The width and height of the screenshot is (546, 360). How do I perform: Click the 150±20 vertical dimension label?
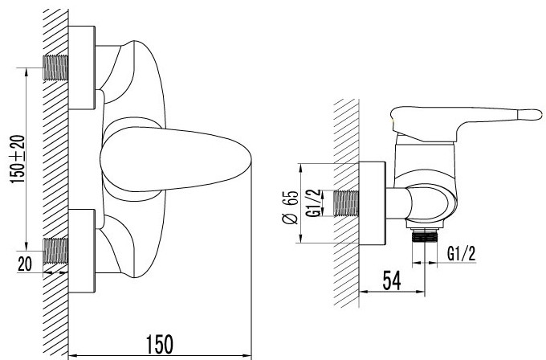click(x=18, y=159)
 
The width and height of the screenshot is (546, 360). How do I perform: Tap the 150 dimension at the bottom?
click(x=160, y=344)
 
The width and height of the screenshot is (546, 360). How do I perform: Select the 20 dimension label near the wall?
click(x=25, y=264)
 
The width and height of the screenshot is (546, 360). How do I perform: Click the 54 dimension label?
click(x=392, y=280)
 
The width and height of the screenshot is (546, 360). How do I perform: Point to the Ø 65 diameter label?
click(x=290, y=207)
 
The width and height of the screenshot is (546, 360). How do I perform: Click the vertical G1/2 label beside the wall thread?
click(x=315, y=203)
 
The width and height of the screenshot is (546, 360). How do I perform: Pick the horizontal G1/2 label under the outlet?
click(x=461, y=254)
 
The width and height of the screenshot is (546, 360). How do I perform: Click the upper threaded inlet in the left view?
click(x=55, y=67)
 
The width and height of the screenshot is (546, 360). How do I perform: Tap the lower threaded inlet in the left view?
click(x=55, y=251)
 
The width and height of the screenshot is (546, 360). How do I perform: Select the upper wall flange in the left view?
click(x=82, y=67)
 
